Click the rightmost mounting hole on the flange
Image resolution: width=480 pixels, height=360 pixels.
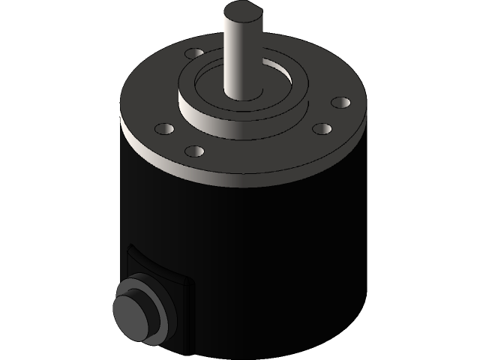point(340,100)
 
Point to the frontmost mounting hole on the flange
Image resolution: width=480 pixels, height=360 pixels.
point(194,151)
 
